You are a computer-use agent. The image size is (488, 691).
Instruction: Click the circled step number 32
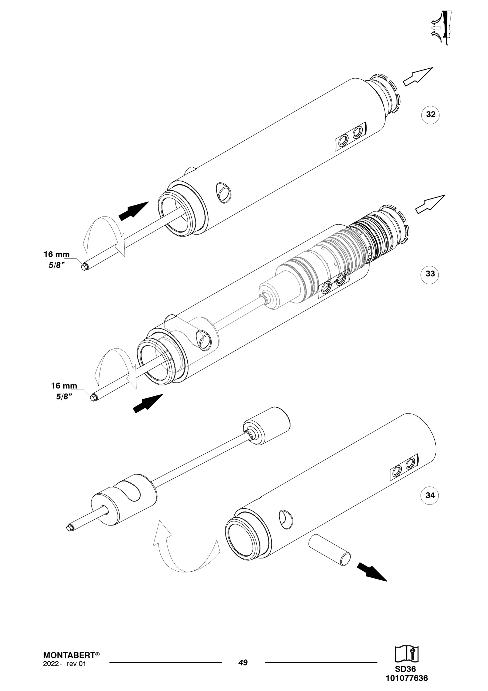pos(431,114)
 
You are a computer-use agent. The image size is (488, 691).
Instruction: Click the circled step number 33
pos(430,274)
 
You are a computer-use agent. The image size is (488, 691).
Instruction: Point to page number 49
pos(243,663)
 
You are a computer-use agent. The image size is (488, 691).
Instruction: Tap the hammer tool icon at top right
pos(441,28)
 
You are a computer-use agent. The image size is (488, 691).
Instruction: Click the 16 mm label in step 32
pos(57,255)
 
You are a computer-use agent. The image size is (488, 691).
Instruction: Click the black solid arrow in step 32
pos(133,211)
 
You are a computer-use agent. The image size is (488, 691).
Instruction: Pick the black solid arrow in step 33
pos(148,403)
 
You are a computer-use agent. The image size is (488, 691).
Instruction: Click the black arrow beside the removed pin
pos(372,572)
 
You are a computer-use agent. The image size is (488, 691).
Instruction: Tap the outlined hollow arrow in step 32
pos(418,77)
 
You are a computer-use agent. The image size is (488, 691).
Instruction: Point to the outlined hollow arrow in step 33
pos(430,204)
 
